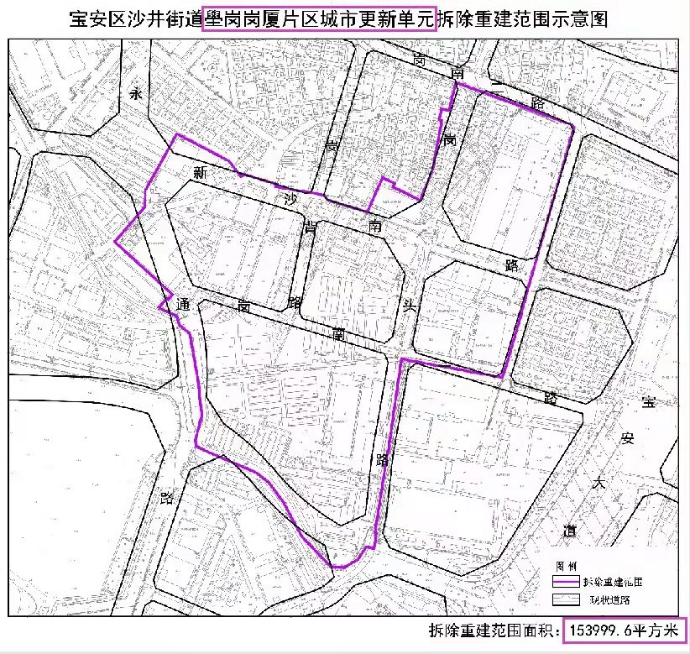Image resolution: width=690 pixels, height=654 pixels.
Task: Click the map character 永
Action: (x=137, y=95)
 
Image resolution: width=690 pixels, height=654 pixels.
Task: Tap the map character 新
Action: (x=200, y=173)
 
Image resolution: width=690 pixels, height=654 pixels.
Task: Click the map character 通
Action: (x=183, y=306)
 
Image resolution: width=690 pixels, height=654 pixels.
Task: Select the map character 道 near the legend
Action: (x=570, y=530)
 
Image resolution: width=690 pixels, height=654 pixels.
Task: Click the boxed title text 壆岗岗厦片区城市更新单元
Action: (x=320, y=17)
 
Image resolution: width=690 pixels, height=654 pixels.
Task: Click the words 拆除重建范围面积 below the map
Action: (x=494, y=631)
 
